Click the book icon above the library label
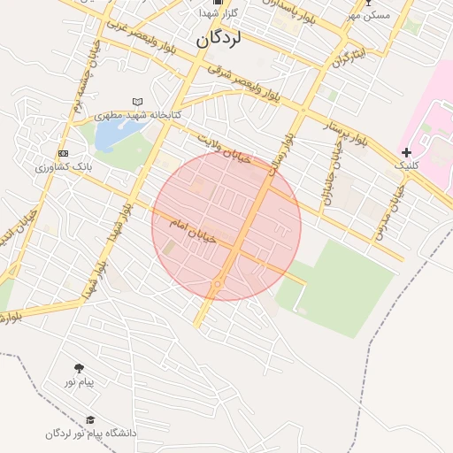point(136,102)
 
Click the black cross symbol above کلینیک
point(406,153)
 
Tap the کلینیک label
point(405,165)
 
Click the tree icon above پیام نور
point(80,368)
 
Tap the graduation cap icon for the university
point(89,420)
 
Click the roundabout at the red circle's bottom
point(217,285)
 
